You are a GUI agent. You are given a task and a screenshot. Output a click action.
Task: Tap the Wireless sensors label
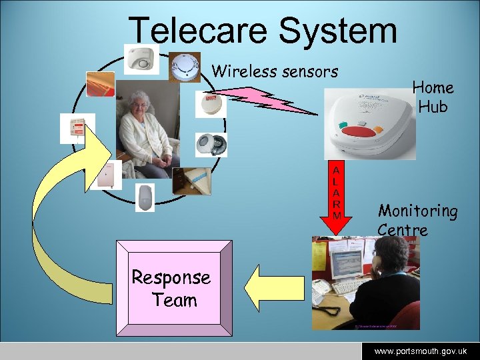click(x=275, y=71)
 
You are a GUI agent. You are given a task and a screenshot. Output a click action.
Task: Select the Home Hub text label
click(x=433, y=97)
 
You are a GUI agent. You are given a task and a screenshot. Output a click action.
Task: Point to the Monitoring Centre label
click(x=417, y=220)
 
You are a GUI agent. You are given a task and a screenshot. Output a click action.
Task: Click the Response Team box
click(x=174, y=288)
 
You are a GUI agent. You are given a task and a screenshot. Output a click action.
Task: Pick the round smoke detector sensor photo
click(x=184, y=67)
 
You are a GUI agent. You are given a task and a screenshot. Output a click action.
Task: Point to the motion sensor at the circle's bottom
click(x=145, y=197)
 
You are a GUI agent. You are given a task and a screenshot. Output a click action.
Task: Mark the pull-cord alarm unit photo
click(x=77, y=128)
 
